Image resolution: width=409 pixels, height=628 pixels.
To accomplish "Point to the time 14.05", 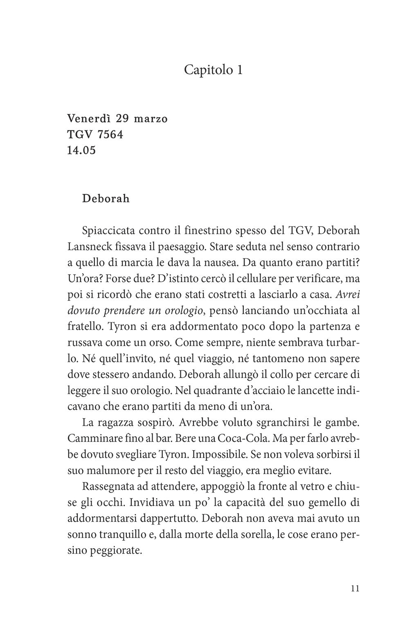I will coord(81,150).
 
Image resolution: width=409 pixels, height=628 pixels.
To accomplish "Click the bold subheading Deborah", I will coord(106,199).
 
